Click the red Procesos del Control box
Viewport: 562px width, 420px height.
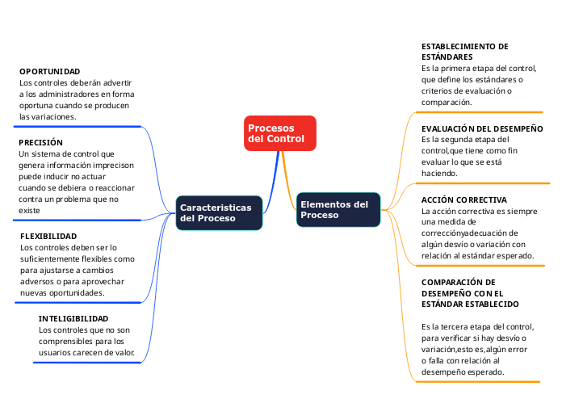(279, 133)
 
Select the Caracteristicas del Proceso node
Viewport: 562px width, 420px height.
(219, 212)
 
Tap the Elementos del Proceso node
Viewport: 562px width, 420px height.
(338, 209)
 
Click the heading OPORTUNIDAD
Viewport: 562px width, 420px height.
(50, 71)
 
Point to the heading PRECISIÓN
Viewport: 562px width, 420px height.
(40, 142)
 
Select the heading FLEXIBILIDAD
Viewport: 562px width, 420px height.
(48, 236)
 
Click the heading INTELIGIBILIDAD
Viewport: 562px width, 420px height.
(73, 318)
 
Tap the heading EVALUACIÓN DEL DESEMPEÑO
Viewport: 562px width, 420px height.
(482, 128)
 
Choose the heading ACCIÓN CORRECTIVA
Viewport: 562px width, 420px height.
(464, 199)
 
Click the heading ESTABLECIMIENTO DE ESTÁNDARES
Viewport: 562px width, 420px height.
(465, 52)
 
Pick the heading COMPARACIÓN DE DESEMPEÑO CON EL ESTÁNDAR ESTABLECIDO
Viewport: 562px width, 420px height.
(470, 292)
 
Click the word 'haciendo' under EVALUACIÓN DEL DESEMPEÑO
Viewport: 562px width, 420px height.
(439, 173)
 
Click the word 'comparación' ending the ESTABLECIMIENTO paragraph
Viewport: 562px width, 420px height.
(447, 103)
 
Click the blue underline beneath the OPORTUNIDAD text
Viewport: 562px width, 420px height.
(77, 126)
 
